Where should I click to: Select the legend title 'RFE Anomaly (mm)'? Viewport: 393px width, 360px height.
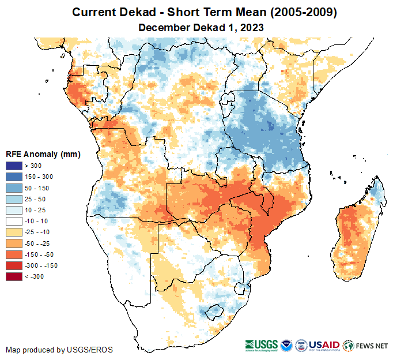(x=43, y=154)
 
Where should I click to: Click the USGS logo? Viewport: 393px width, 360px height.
(x=263, y=346)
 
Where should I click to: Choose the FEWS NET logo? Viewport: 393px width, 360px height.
(x=365, y=346)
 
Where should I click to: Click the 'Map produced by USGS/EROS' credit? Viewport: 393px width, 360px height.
(x=59, y=350)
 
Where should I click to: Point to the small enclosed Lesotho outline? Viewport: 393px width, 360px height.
(x=214, y=312)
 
